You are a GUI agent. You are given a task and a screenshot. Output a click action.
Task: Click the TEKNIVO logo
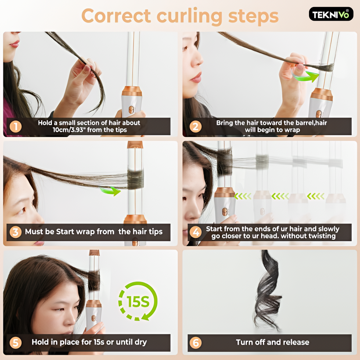331,14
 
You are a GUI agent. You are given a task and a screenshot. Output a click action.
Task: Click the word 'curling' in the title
189,16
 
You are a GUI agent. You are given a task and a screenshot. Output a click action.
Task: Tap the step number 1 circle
16,127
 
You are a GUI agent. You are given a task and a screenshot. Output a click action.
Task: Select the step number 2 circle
195,127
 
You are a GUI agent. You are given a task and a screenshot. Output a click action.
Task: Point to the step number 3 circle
16,232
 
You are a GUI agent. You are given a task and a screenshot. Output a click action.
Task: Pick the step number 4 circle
195,232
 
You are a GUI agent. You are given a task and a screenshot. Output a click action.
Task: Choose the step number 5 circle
16,343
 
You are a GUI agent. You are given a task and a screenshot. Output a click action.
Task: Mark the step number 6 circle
195,343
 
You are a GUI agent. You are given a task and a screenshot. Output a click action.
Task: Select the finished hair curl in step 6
267,291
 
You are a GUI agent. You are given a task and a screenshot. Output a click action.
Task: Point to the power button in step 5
93,318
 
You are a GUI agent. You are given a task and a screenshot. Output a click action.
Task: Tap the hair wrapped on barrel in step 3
135,179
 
